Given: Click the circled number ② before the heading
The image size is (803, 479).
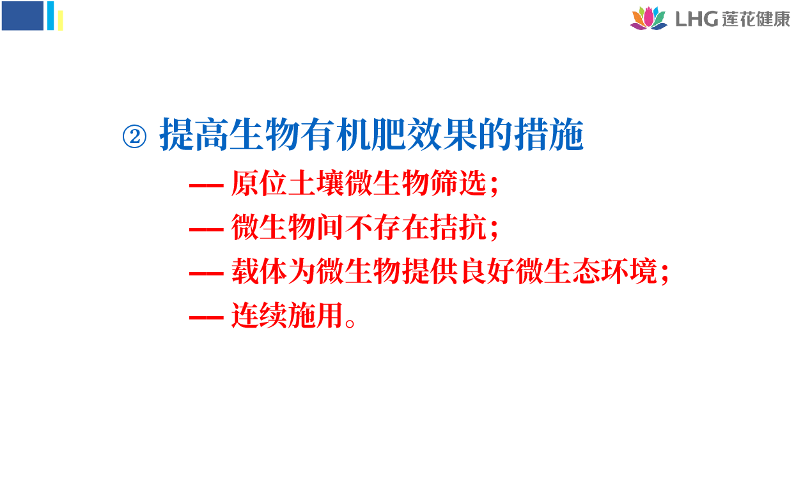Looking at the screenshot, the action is pyautogui.click(x=134, y=137).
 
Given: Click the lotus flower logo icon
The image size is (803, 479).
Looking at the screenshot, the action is pyautogui.click(x=648, y=18).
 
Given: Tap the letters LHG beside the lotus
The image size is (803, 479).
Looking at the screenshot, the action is pyautogui.click(x=696, y=19).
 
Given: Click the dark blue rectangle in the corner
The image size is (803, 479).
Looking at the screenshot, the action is pyautogui.click(x=22, y=16).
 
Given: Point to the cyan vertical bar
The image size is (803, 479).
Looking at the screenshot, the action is pyautogui.click(x=51, y=16).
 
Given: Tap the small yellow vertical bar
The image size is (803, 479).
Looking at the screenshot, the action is pyautogui.click(x=60, y=20).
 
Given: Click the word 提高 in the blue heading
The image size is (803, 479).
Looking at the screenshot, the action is pyautogui.click(x=194, y=134).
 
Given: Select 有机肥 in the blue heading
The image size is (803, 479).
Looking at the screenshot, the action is pyautogui.click(x=353, y=134).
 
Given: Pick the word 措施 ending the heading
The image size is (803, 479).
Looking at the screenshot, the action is pyautogui.click(x=549, y=134).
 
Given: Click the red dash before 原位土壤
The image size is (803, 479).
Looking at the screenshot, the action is pyautogui.click(x=207, y=185).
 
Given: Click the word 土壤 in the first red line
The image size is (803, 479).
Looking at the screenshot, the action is pyautogui.click(x=316, y=183).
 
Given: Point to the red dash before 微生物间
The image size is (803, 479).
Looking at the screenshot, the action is pyautogui.click(x=207, y=229).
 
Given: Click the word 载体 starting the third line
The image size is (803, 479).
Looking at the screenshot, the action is pyautogui.click(x=259, y=271).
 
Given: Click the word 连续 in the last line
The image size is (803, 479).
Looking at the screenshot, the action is pyautogui.click(x=259, y=315).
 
